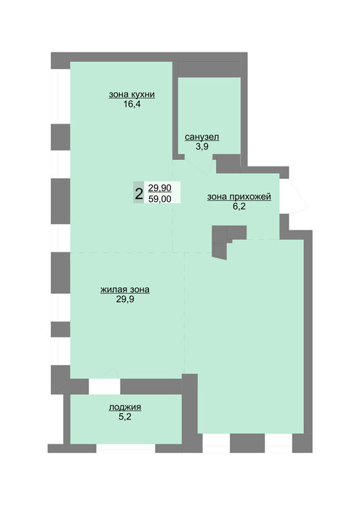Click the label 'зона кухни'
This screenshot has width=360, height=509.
point(132,95)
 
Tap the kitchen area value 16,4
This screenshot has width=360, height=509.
point(132,104)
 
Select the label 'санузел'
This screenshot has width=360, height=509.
point(202,137)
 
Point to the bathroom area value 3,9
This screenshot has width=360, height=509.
point(202,146)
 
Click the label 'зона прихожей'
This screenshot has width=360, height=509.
point(239,197)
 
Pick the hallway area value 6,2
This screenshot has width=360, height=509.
point(239,207)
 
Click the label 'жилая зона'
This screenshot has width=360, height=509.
point(125,289)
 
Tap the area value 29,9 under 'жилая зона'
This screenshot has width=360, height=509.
point(125,299)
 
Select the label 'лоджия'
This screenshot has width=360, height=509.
point(125,407)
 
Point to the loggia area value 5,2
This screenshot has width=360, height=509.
point(125,417)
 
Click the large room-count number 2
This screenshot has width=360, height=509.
point(139,194)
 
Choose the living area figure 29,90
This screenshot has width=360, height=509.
point(160,188)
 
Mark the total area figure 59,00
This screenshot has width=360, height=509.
point(160,199)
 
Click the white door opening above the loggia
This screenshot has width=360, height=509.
point(105,386)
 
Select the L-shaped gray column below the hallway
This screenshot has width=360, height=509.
point(224,239)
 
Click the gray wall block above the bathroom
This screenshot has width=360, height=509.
point(209,70)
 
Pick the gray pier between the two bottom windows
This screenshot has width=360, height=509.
point(247,443)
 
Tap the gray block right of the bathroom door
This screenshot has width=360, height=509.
point(228,164)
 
